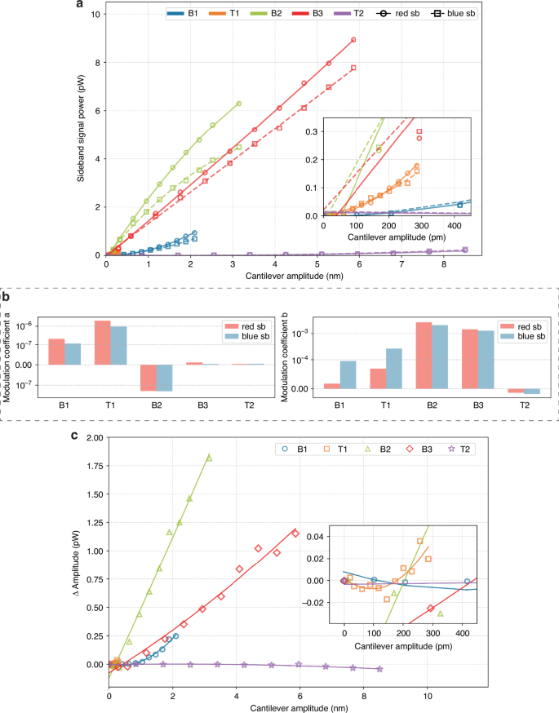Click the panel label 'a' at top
(x=80, y=7)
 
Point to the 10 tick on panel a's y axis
(x=97, y=15)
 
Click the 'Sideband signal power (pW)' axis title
(x=82, y=135)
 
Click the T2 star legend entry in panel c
(x=456, y=449)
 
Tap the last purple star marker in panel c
(x=379, y=670)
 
